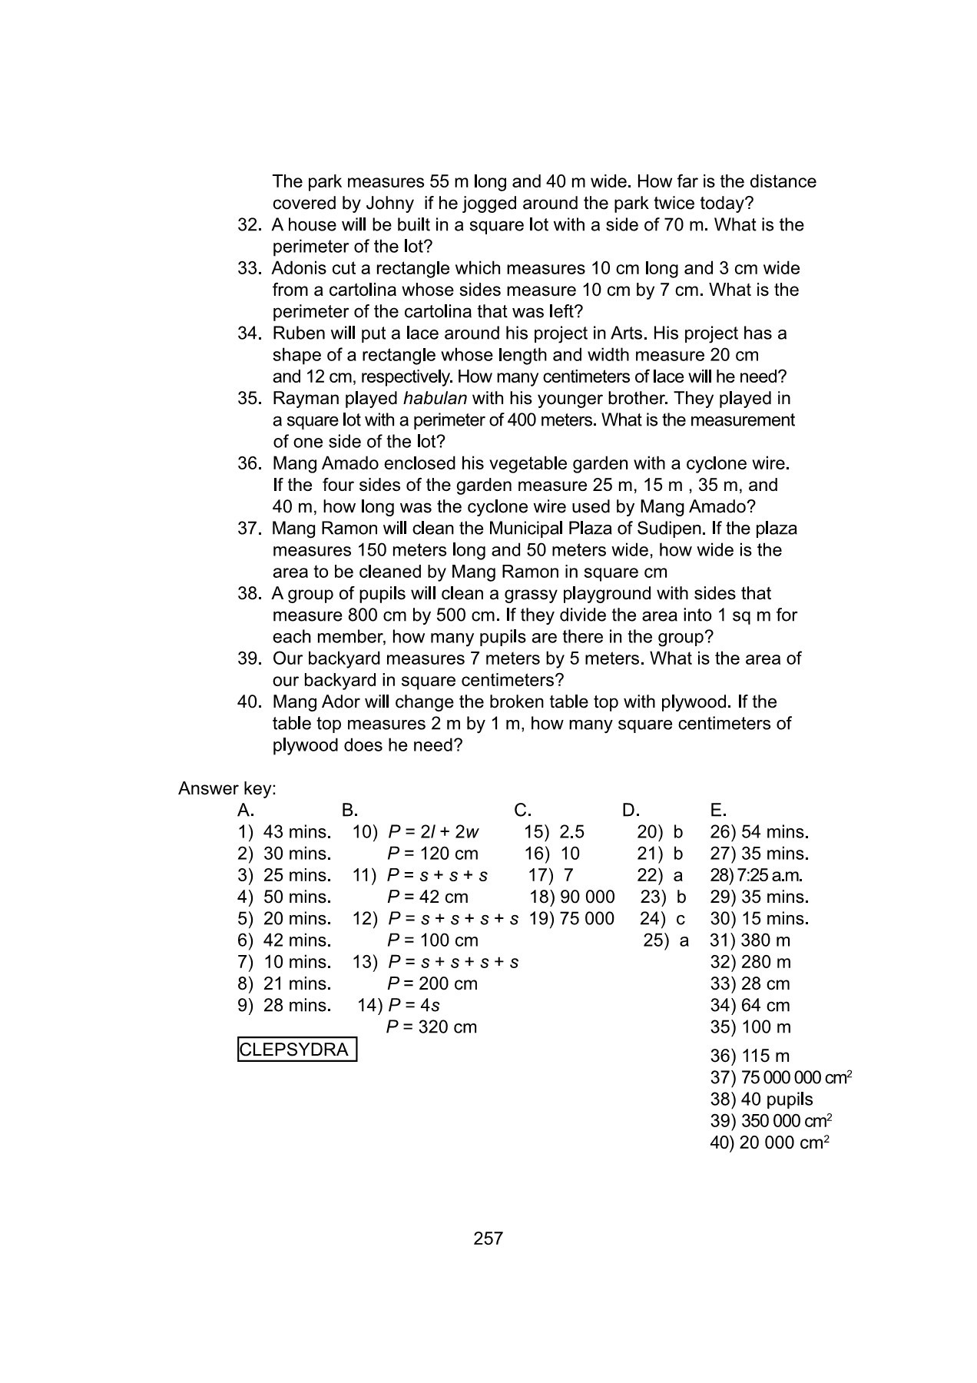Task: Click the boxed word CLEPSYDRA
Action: click(x=296, y=1050)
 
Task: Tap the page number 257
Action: click(x=488, y=1238)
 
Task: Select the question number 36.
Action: click(x=250, y=464)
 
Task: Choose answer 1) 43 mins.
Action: click(x=284, y=832)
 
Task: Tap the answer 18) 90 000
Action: click(x=572, y=897)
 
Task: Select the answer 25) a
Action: click(x=665, y=940)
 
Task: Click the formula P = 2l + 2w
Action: click(x=433, y=832)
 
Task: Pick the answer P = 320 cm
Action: click(x=432, y=1027)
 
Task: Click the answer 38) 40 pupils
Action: click(x=761, y=1099)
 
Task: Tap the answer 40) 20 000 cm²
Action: click(x=769, y=1143)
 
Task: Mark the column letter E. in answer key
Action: click(x=718, y=810)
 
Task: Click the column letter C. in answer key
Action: click(x=522, y=810)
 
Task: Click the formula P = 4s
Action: click(x=414, y=1006)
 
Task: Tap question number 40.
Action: click(x=250, y=702)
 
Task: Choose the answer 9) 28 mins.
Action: click(x=284, y=1006)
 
